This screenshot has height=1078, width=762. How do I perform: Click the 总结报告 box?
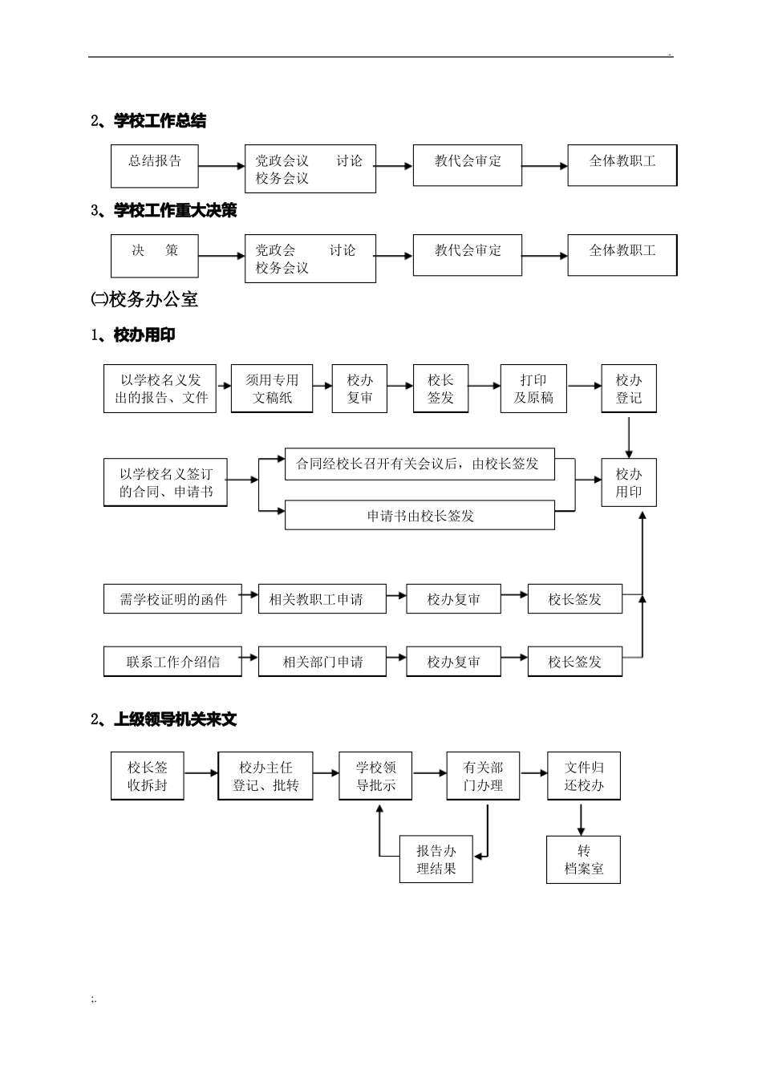point(155,166)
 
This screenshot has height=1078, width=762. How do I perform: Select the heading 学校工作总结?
point(160,121)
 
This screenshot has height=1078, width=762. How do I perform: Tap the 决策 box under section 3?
point(155,256)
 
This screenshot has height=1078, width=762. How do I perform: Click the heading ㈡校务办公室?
point(144,300)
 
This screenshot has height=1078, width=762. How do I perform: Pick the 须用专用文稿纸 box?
point(272,389)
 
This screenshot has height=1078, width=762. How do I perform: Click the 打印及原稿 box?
point(533,389)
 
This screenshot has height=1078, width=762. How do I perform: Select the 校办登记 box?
point(629,389)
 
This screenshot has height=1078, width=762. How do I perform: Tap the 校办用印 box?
point(629,483)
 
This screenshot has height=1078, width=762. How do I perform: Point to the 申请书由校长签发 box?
point(420,516)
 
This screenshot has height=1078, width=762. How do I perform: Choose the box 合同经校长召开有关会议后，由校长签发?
point(420,464)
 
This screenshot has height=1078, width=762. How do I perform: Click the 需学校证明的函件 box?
point(172,599)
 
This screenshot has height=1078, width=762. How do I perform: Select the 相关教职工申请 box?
point(322,599)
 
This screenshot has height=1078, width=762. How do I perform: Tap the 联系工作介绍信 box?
point(172,662)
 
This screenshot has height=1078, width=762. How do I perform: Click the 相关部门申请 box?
point(322,662)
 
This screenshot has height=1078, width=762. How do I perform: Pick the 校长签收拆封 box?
point(148,776)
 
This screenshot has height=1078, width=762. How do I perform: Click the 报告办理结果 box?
point(436,860)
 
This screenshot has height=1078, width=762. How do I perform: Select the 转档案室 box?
point(583,860)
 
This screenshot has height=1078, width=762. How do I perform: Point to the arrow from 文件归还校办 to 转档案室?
point(582,819)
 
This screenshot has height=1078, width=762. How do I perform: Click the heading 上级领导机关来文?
point(175,719)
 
